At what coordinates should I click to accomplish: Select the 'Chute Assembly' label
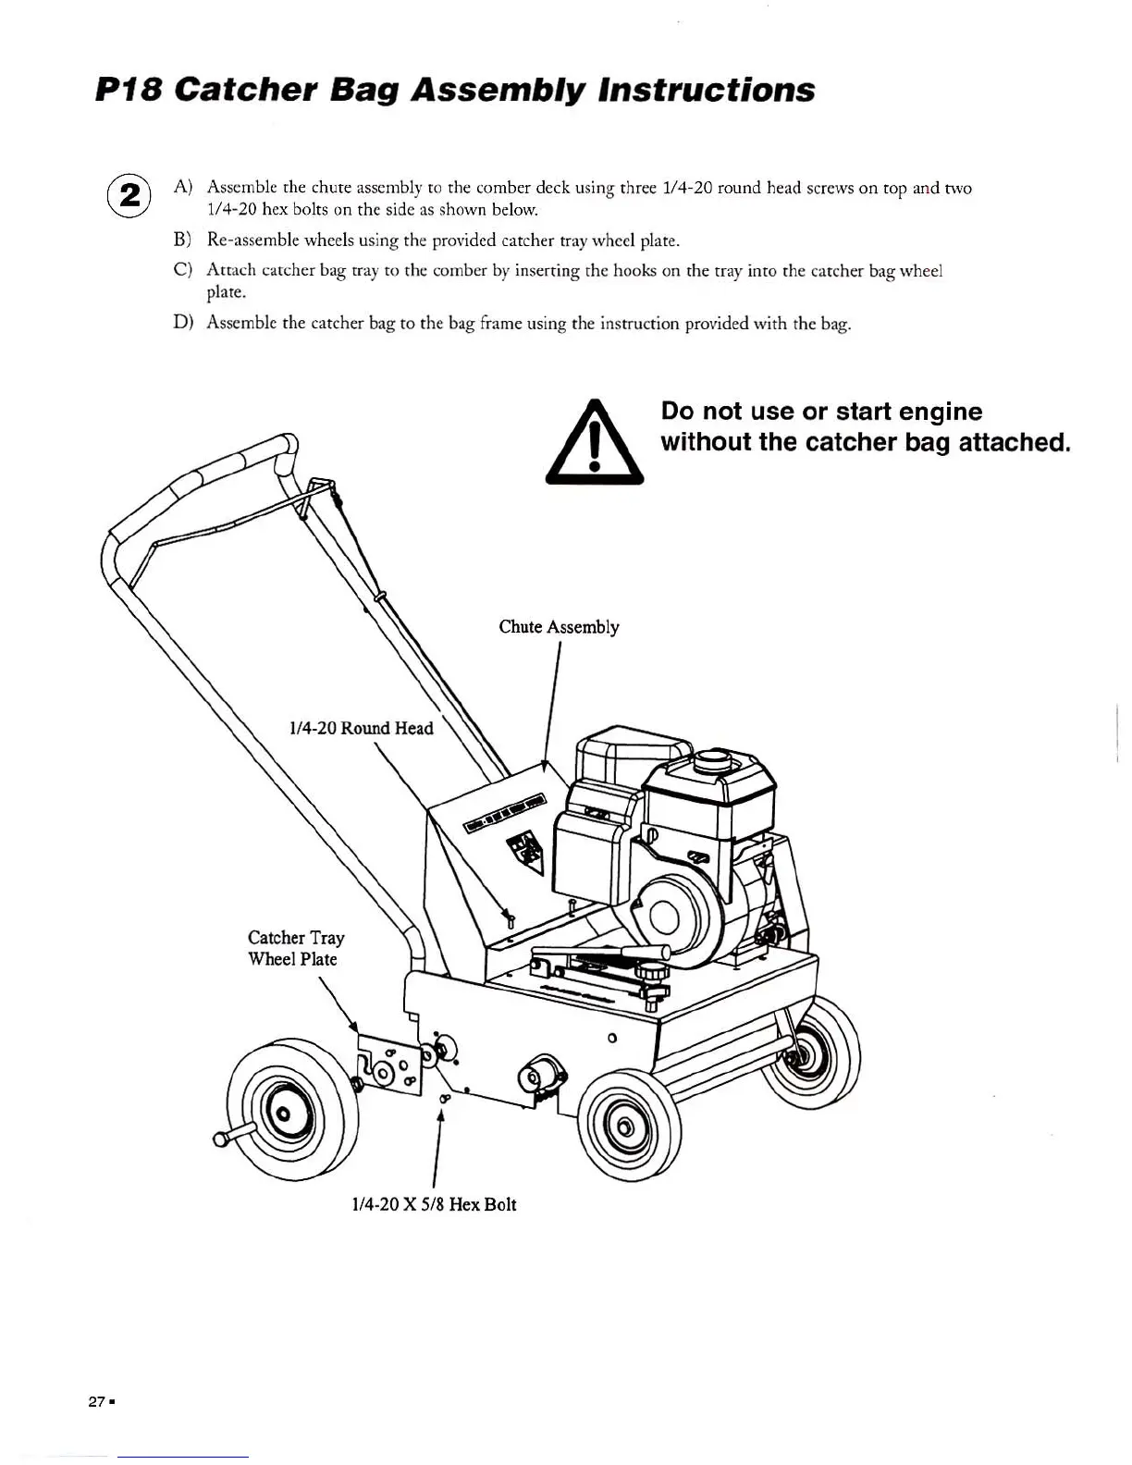[559, 627]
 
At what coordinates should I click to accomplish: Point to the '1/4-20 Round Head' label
[361, 729]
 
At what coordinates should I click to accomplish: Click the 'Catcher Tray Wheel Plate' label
[296, 949]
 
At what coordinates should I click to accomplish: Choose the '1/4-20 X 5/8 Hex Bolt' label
[434, 1204]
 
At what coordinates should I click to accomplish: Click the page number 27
[96, 1401]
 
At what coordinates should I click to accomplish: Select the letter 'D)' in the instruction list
[182, 323]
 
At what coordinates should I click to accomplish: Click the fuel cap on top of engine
[713, 760]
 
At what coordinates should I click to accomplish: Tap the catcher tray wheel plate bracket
[389, 1064]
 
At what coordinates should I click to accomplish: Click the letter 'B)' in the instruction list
[182, 240]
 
